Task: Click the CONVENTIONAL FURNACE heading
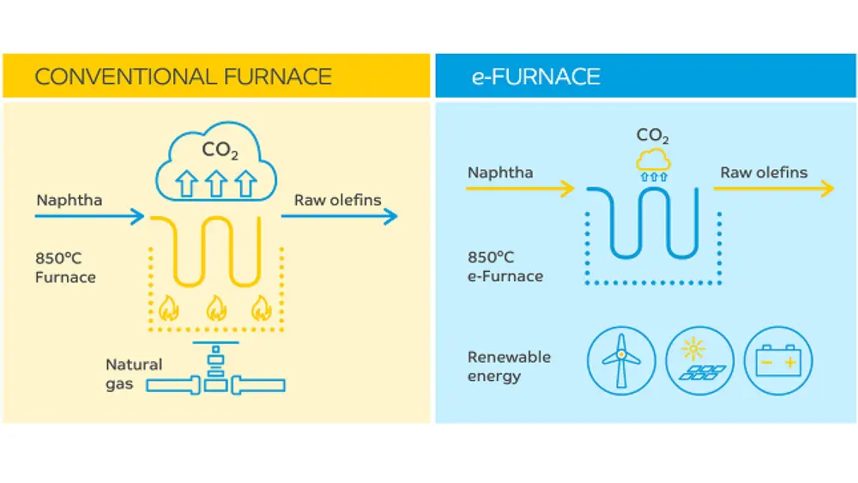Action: click(183, 76)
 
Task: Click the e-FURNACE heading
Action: click(535, 76)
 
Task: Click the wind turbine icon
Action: click(621, 359)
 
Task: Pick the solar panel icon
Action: click(699, 359)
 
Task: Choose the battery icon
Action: click(778, 359)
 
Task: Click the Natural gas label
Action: click(133, 374)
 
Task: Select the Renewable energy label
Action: click(509, 366)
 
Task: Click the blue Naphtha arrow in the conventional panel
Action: click(90, 217)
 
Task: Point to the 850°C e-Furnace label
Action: click(505, 267)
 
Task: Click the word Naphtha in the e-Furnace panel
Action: click(500, 172)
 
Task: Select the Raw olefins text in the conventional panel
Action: click(337, 201)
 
